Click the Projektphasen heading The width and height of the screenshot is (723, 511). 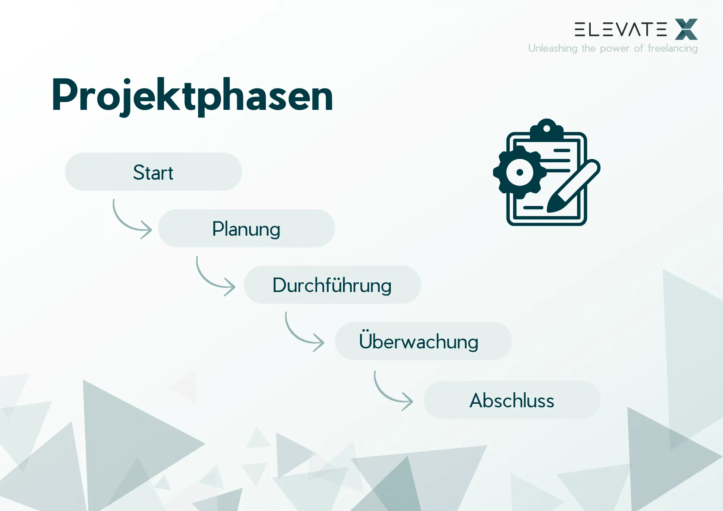[x=192, y=95]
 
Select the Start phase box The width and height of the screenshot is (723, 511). [x=153, y=172]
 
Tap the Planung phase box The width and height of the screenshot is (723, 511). [x=246, y=228]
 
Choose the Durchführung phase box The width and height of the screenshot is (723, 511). [x=332, y=285]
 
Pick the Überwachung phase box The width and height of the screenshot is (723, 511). [x=423, y=341]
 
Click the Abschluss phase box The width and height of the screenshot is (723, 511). [x=512, y=400]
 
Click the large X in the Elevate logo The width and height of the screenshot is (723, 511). [x=686, y=29]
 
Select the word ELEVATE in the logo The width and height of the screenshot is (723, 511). [x=620, y=29]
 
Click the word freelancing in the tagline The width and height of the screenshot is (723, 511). [x=672, y=48]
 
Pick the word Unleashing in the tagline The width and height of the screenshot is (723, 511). [x=552, y=48]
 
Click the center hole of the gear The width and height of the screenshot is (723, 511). [x=520, y=172]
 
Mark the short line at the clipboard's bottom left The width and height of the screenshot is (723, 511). [x=533, y=207]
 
